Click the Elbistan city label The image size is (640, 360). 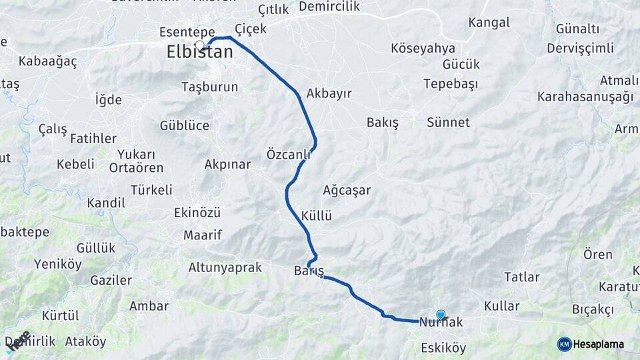coord(200,53)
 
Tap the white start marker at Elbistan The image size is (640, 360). coord(199,45)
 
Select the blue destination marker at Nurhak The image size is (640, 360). coord(440,315)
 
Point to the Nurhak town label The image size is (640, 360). coord(441,323)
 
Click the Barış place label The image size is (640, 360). coord(309,271)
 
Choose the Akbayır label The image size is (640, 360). coord(329,93)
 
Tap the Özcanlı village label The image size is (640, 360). coord(289,155)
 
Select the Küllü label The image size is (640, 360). coord(316,216)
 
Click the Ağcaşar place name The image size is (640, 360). coord(346,190)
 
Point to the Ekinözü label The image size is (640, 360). coord(197,213)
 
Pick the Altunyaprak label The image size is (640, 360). coord(225,267)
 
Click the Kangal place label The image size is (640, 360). coord(489,23)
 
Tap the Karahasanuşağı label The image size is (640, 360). coord(585,97)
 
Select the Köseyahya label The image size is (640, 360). coord(423,48)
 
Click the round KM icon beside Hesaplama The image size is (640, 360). coord(564,344)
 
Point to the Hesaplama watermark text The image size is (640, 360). coord(598,344)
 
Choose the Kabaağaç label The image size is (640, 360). coord(48,61)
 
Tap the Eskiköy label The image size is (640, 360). coord(443,348)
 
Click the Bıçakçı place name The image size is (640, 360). coord(592,309)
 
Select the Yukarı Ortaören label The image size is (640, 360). coord(136,161)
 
